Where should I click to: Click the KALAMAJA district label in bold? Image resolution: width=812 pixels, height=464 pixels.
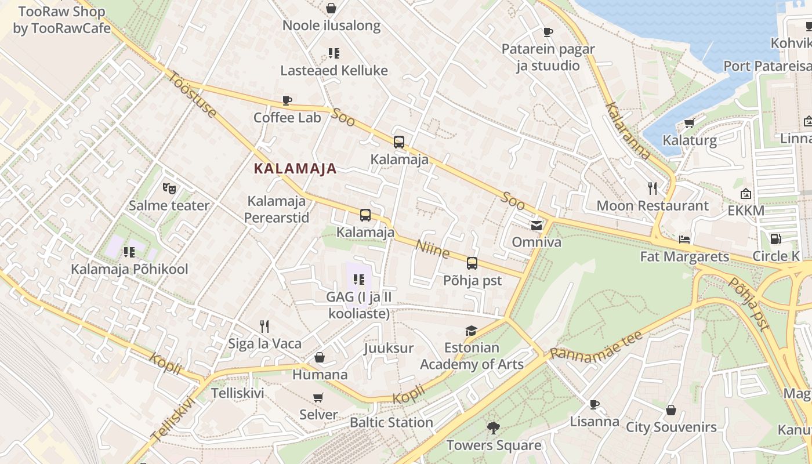click(x=295, y=169)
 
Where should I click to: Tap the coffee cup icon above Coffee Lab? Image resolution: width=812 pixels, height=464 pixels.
click(x=287, y=100)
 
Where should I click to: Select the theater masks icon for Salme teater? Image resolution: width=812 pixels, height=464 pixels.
click(x=169, y=188)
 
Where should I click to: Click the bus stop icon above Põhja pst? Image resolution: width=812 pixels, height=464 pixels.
click(x=472, y=263)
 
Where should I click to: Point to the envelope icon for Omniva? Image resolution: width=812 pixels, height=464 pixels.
click(x=536, y=225)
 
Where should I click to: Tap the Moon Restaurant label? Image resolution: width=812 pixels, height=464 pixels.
click(x=652, y=206)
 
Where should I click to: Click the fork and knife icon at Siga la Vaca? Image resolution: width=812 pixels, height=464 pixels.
click(x=264, y=327)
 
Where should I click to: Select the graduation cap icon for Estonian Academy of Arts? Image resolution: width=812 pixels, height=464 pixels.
click(x=471, y=331)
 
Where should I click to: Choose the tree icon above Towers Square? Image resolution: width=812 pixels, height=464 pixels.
click(x=494, y=428)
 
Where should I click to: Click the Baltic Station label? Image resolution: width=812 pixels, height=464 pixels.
click(x=391, y=422)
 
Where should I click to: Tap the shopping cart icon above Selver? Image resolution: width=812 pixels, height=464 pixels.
click(x=318, y=397)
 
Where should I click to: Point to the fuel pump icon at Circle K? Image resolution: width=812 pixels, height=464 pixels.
click(x=775, y=238)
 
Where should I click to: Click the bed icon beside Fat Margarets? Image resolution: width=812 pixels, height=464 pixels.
click(x=684, y=239)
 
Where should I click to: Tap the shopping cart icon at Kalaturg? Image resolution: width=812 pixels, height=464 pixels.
click(x=689, y=123)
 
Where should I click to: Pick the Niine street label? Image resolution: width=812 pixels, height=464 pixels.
click(x=433, y=249)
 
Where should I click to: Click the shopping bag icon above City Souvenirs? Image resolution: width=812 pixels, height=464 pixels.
click(x=671, y=410)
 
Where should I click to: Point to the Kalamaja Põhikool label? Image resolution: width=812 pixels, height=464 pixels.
click(x=129, y=270)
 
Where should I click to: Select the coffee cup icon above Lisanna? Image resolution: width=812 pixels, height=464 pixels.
click(x=594, y=404)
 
